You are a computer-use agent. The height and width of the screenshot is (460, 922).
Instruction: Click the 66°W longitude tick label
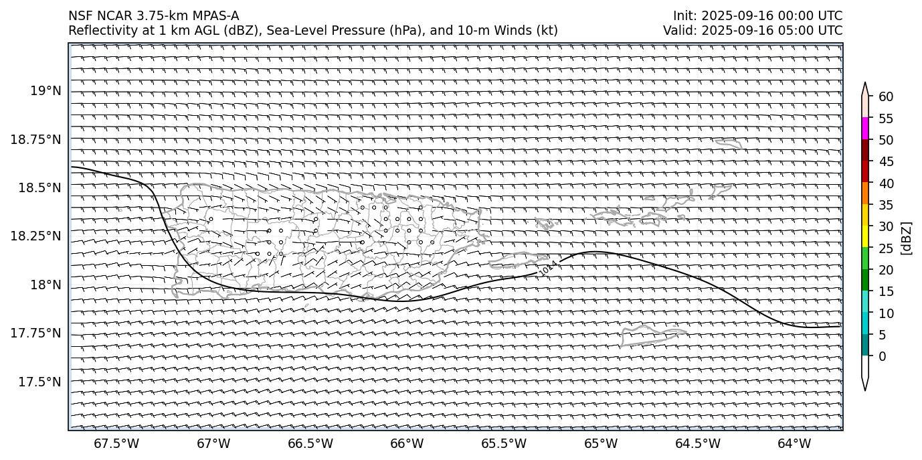(x=407, y=443)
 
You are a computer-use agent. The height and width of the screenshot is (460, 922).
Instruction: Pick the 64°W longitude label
(x=794, y=443)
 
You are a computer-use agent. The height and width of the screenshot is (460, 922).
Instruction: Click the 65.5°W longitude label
(x=504, y=443)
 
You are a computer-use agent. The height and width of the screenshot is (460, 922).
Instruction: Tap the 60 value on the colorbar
(x=886, y=96)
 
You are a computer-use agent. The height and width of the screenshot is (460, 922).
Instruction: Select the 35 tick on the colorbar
(x=886, y=205)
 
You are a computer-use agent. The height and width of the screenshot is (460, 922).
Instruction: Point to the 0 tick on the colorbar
(x=883, y=356)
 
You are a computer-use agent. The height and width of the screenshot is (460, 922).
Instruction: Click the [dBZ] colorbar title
(x=907, y=238)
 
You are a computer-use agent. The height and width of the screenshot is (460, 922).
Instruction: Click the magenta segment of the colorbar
(x=865, y=129)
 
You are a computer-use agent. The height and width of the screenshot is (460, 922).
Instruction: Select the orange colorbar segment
(x=865, y=194)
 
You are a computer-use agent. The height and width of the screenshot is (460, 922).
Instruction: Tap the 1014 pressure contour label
(x=549, y=267)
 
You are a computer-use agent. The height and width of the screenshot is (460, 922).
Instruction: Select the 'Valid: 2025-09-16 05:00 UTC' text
(x=753, y=30)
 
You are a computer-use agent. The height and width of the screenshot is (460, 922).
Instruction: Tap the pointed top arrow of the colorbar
(x=865, y=88)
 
